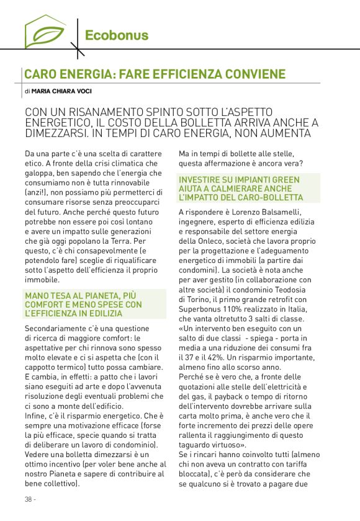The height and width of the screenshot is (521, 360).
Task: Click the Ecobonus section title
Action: click(x=117, y=35)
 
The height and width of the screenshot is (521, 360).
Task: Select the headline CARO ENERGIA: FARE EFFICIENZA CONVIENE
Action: click(x=155, y=74)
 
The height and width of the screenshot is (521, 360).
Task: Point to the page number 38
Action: click(x=29, y=499)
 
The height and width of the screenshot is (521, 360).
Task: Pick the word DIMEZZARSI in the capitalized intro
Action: click(x=52, y=133)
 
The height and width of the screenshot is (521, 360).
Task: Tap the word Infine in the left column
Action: click(x=36, y=418)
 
